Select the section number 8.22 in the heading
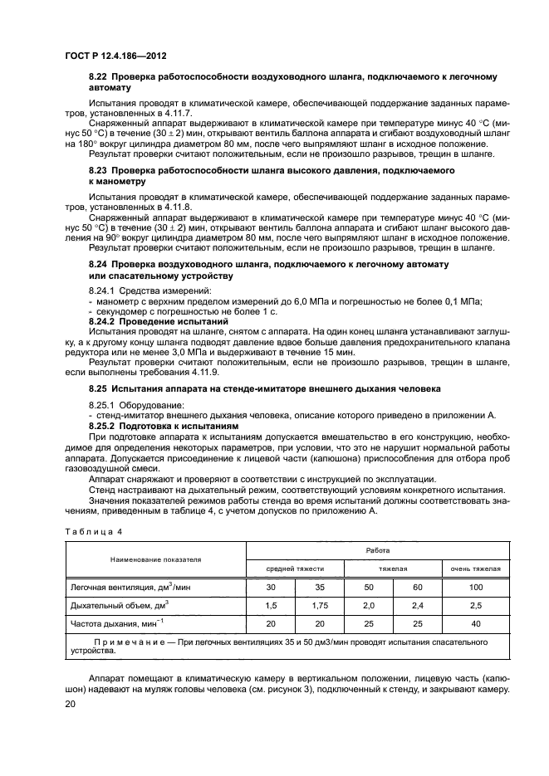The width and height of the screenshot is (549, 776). coord(100,76)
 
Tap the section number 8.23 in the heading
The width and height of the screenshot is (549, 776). coord(100,169)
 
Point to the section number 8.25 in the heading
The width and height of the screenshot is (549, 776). coord(100,388)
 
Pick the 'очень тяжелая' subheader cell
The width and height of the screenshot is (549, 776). coord(475,569)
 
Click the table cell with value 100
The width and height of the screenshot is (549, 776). coord(475,587)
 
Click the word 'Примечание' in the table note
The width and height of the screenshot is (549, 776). coord(135,642)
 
